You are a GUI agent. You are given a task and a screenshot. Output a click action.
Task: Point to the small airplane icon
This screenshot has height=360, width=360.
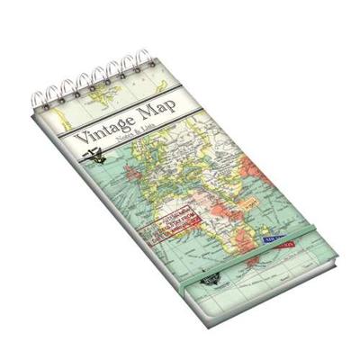coord(91,158)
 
